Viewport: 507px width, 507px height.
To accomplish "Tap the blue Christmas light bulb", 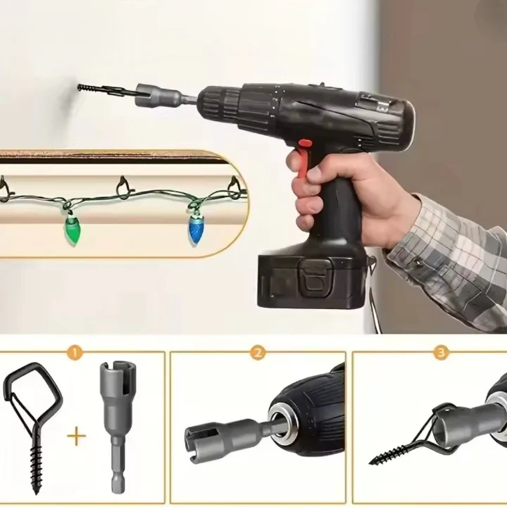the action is tap(196, 229).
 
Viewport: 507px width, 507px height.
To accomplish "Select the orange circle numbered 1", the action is tap(75, 353).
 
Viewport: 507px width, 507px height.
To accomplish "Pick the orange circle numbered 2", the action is tap(258, 353).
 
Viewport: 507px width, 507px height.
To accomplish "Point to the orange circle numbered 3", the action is tap(441, 353).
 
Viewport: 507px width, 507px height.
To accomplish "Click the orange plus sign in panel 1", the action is tap(77, 436).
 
